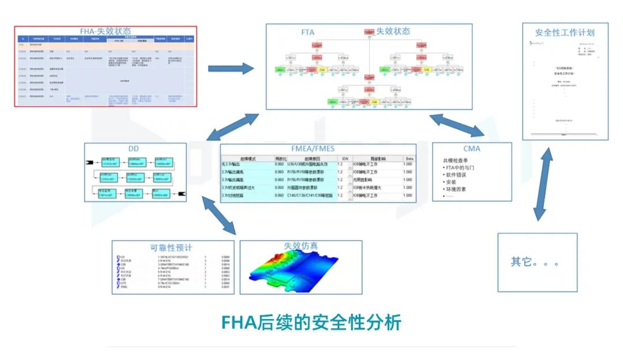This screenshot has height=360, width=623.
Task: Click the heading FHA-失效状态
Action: coord(105,31)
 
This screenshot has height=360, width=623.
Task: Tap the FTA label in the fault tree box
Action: coord(307,32)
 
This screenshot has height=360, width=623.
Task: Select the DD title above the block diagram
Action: coord(133,149)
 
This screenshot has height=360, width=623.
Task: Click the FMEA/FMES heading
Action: coord(318,149)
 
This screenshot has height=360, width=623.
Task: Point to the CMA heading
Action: coord(471,149)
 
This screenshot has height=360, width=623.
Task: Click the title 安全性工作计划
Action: coord(565,32)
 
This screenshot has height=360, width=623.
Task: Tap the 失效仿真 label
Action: coord(301,245)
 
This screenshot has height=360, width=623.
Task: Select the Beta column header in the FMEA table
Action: coord(408,157)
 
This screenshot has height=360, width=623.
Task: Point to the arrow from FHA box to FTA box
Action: coord(231,69)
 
